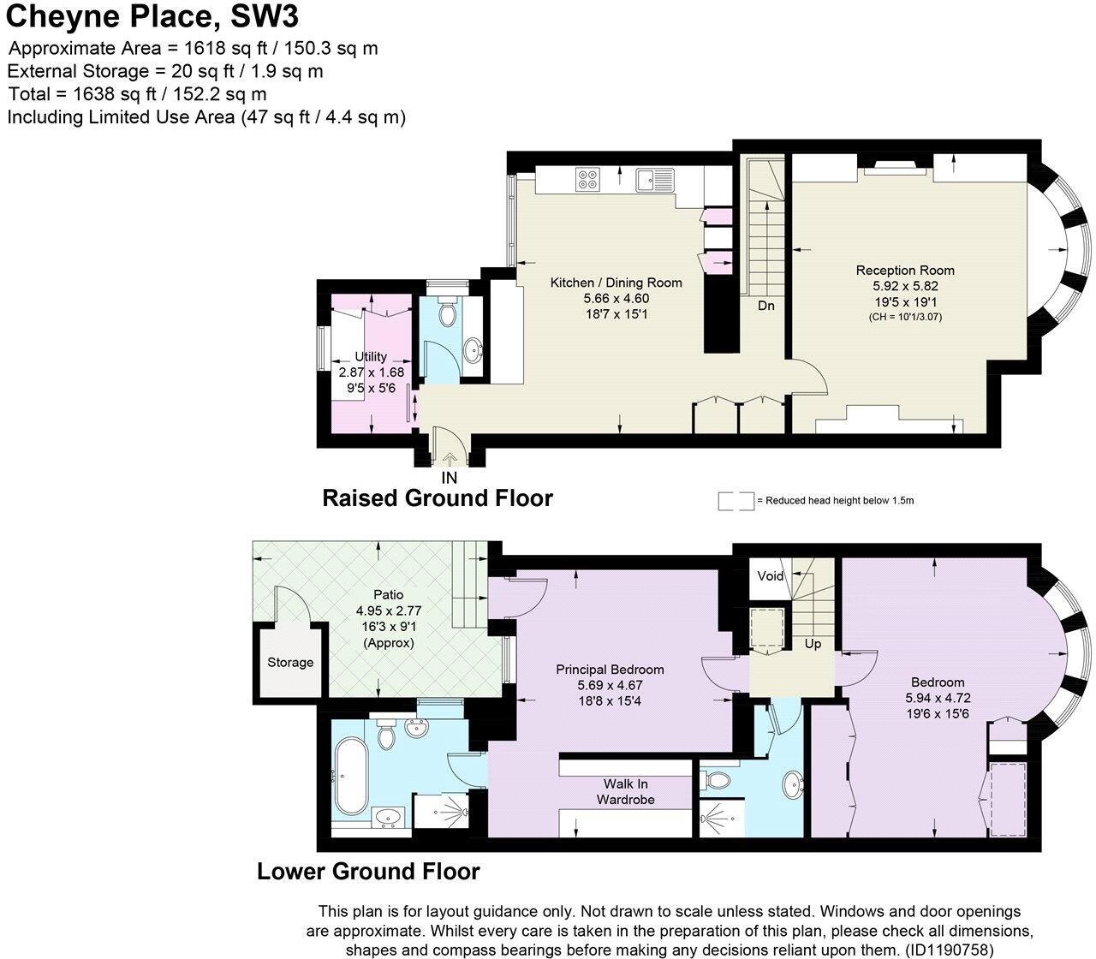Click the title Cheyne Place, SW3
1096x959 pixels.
point(153,16)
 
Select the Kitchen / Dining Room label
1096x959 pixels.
point(616,283)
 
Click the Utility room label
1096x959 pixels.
point(371,356)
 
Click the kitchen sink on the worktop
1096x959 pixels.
point(655,180)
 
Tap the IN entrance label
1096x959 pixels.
point(449,478)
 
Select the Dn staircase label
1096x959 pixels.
point(765,305)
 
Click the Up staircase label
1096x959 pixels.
point(813,643)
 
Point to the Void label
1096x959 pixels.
point(770,576)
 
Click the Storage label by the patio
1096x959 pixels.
point(290,662)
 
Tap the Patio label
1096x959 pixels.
point(388,594)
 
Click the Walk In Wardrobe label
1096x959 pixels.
point(629,791)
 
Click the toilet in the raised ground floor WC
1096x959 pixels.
point(446,315)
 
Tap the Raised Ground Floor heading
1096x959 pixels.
point(437,497)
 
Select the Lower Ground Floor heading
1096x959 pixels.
point(368,872)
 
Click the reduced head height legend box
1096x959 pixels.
point(735,501)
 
